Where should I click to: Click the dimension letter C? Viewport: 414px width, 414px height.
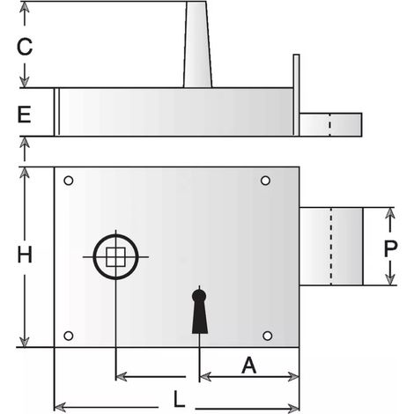[x=25, y=47]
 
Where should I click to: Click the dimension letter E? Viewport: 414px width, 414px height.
[x=24, y=115]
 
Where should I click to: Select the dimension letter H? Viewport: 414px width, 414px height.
[x=25, y=255]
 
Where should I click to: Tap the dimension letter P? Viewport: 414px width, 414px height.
[x=390, y=248]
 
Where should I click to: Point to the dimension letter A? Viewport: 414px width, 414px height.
[x=249, y=365]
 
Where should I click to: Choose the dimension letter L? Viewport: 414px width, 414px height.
[x=180, y=399]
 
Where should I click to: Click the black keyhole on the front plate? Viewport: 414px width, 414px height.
[x=200, y=312]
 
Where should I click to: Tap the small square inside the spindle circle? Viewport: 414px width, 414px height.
[x=115, y=257]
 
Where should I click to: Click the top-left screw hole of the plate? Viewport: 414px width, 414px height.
[x=69, y=181]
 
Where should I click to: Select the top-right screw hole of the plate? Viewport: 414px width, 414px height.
[x=265, y=181]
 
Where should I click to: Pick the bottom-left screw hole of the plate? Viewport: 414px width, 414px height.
[x=69, y=336]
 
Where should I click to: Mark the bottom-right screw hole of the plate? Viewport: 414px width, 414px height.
[x=267, y=336]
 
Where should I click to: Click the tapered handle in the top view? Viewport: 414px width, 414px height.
[x=197, y=44]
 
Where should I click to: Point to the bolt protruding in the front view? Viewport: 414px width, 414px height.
[x=331, y=247]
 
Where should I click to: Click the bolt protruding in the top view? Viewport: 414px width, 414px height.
[x=330, y=124]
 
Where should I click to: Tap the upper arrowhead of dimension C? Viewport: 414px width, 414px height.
[x=25, y=8]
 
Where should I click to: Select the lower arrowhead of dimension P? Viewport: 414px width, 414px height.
[x=390, y=279]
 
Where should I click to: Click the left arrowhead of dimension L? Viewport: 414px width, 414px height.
[x=61, y=407]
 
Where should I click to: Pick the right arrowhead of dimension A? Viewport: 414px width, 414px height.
[x=293, y=377]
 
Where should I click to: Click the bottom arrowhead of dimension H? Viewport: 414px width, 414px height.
[x=25, y=341]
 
